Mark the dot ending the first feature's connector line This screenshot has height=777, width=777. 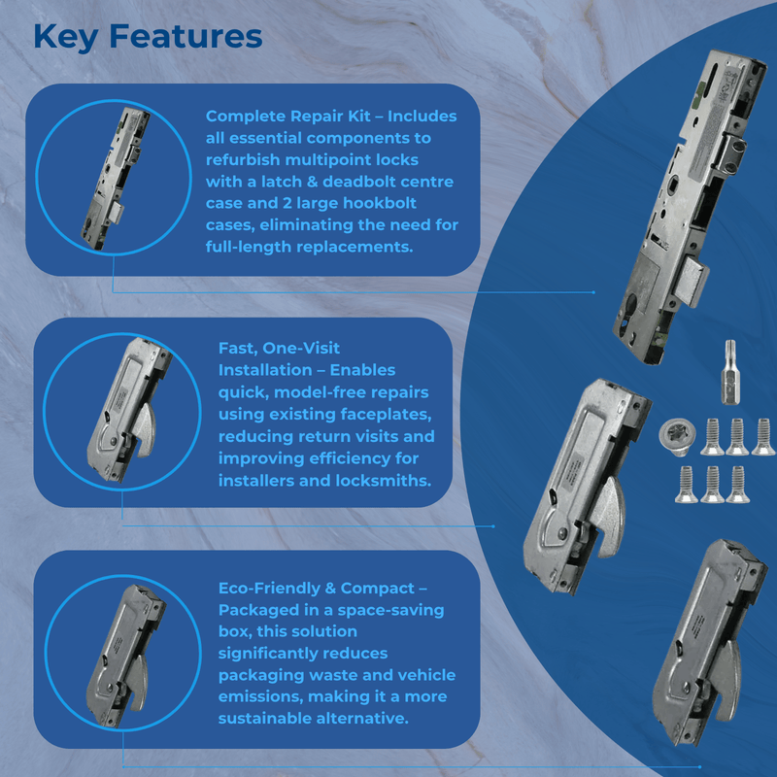(593, 291)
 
